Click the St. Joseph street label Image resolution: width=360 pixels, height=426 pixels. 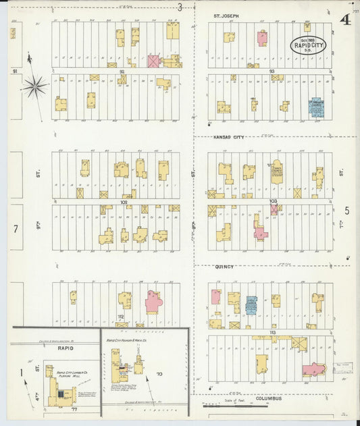tap(226, 14)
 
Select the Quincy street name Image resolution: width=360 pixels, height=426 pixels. tap(224, 267)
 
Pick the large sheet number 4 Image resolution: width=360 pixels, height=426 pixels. tap(345, 19)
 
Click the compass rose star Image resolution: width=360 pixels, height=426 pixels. tap(34, 86)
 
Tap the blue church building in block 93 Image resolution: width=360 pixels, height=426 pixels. tap(315, 107)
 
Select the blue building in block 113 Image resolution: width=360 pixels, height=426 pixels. tap(251, 305)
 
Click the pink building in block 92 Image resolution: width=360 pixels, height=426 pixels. tap(154, 61)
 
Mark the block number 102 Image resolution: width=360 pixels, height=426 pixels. tap(124, 202)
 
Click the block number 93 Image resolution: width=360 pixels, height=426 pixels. tap(272, 71)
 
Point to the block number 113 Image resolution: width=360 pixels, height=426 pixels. tap(272, 333)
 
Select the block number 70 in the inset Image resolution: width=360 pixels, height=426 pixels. tap(160, 373)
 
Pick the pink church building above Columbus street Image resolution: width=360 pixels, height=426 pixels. tap(314, 369)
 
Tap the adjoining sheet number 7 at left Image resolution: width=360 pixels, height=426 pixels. tap(15, 229)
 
